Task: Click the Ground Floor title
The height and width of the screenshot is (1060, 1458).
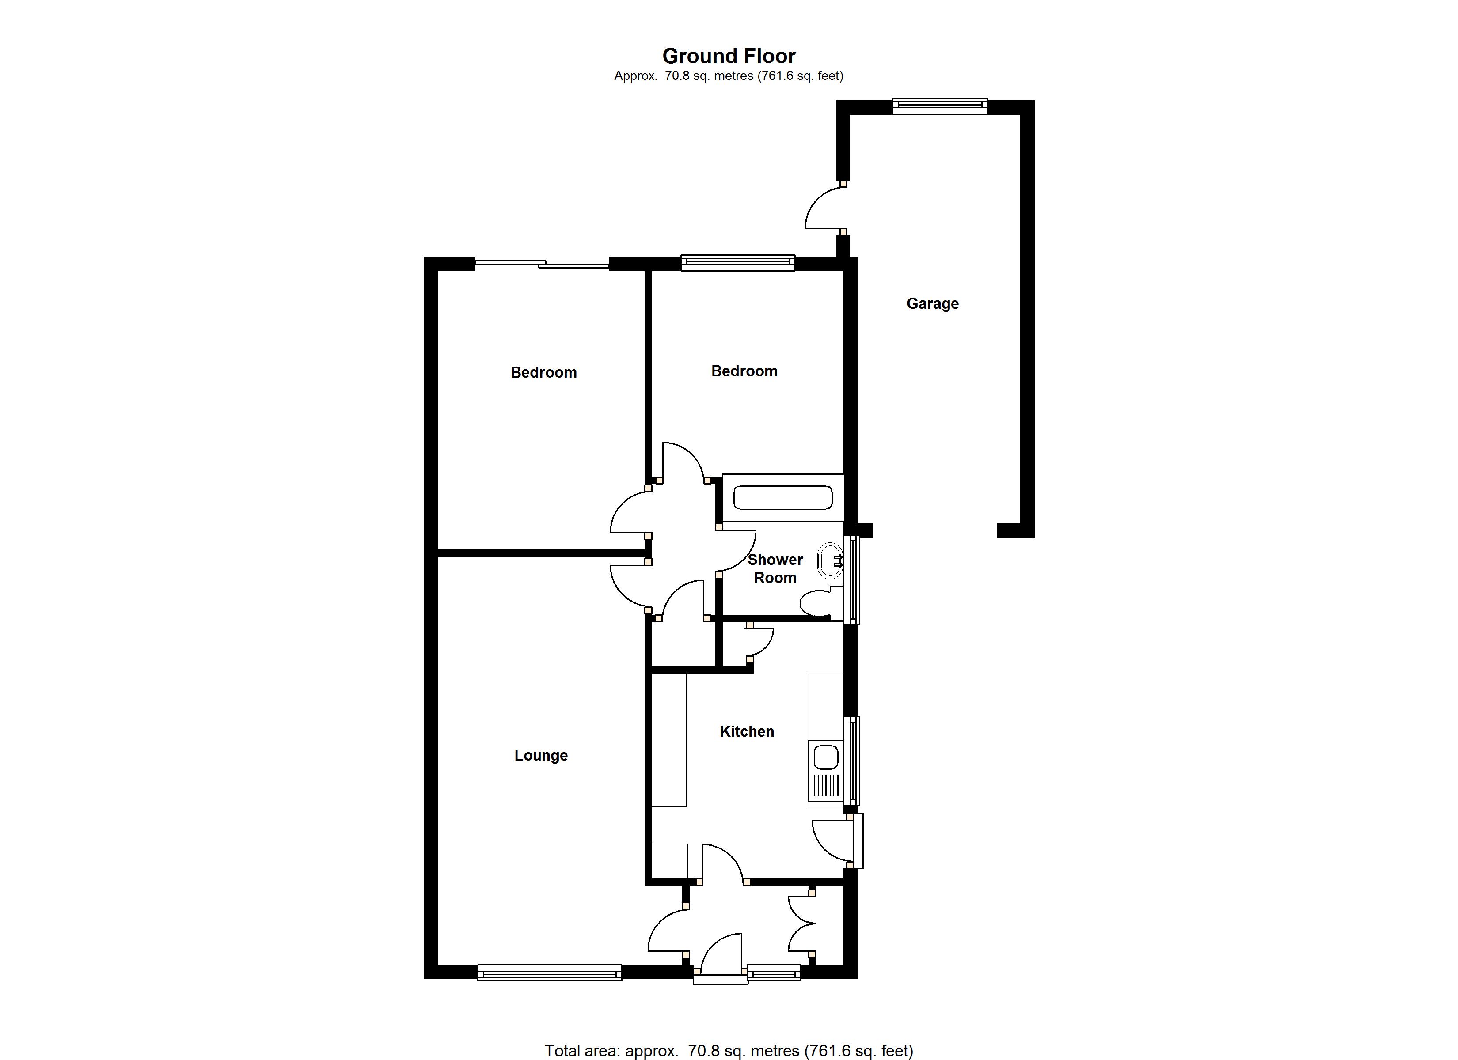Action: pyautogui.click(x=729, y=56)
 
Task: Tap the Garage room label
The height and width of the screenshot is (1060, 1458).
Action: pyautogui.click(x=932, y=303)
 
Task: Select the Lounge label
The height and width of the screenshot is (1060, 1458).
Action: pyautogui.click(x=541, y=755)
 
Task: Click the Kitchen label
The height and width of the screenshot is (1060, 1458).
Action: pyautogui.click(x=746, y=731)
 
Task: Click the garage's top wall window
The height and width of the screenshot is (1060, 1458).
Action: pyautogui.click(x=940, y=106)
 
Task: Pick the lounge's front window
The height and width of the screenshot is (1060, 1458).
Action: pyautogui.click(x=550, y=973)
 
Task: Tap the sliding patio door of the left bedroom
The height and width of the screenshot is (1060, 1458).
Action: pyautogui.click(x=541, y=264)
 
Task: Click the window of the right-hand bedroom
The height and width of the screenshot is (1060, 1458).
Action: pyautogui.click(x=738, y=263)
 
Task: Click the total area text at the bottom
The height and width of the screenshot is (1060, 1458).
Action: pyautogui.click(x=729, y=1050)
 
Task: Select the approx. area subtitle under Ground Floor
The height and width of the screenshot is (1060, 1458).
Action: pyautogui.click(x=729, y=76)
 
